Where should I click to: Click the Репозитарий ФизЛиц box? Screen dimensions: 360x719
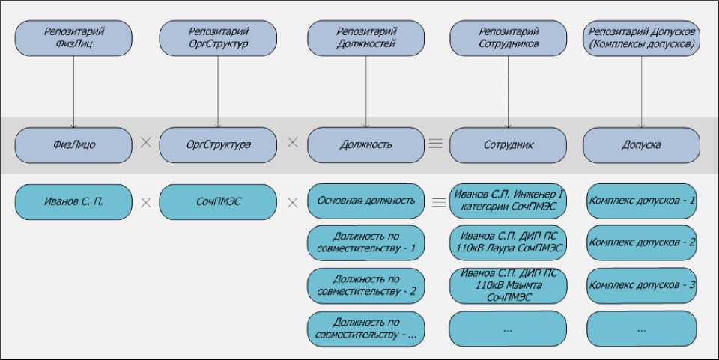point(73,38)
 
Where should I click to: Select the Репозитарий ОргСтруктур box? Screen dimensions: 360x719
point(218,38)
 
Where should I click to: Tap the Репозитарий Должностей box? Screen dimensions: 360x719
point(366,38)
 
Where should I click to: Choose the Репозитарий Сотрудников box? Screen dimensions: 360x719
point(509,38)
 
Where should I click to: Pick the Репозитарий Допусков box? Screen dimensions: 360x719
point(642,38)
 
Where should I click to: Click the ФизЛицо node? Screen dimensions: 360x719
point(73,144)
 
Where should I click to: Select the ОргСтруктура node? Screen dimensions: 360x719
point(218,144)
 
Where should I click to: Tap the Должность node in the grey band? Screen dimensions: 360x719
point(366,144)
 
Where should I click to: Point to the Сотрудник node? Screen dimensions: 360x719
point(509,144)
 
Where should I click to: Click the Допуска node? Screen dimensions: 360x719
point(642,144)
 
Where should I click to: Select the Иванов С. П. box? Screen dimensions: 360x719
point(73,201)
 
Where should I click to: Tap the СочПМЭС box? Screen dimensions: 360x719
point(218,201)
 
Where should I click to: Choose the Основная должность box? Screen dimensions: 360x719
point(366,201)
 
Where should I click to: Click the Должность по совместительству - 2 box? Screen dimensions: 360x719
point(366,285)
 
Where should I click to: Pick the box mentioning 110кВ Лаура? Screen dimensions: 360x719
point(509,242)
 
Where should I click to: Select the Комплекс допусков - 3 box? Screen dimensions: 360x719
point(642,285)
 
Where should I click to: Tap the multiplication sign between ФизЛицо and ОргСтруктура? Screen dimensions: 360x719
point(146,142)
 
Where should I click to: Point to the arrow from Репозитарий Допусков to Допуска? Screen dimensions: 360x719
point(642,90)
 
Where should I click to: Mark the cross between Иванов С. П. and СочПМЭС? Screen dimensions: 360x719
point(146,201)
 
